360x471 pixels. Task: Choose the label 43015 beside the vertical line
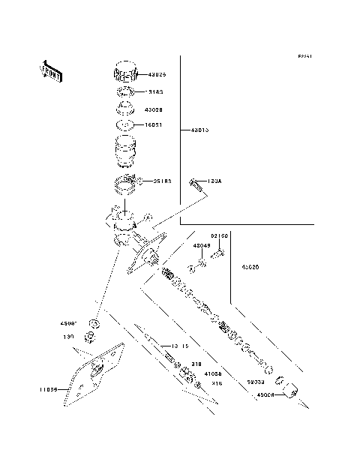click(199, 130)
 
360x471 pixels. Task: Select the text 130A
click(214, 181)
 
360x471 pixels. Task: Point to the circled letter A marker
click(148, 218)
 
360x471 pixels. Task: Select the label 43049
click(202, 246)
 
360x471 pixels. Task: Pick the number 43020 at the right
click(251, 267)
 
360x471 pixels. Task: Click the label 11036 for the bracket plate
click(49, 390)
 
